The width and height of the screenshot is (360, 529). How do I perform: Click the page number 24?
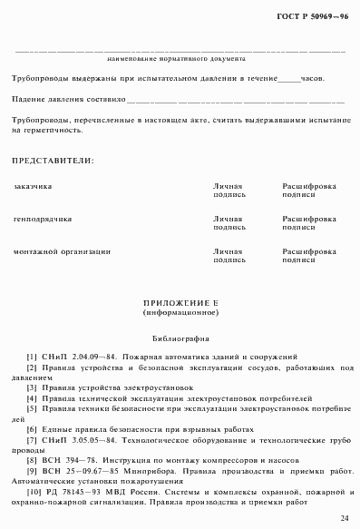(x=344, y=517)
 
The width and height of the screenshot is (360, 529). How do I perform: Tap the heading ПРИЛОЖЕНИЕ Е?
(x=180, y=302)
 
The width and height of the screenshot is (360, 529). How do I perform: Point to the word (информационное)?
(x=180, y=312)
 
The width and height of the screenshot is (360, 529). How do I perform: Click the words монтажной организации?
(x=62, y=251)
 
